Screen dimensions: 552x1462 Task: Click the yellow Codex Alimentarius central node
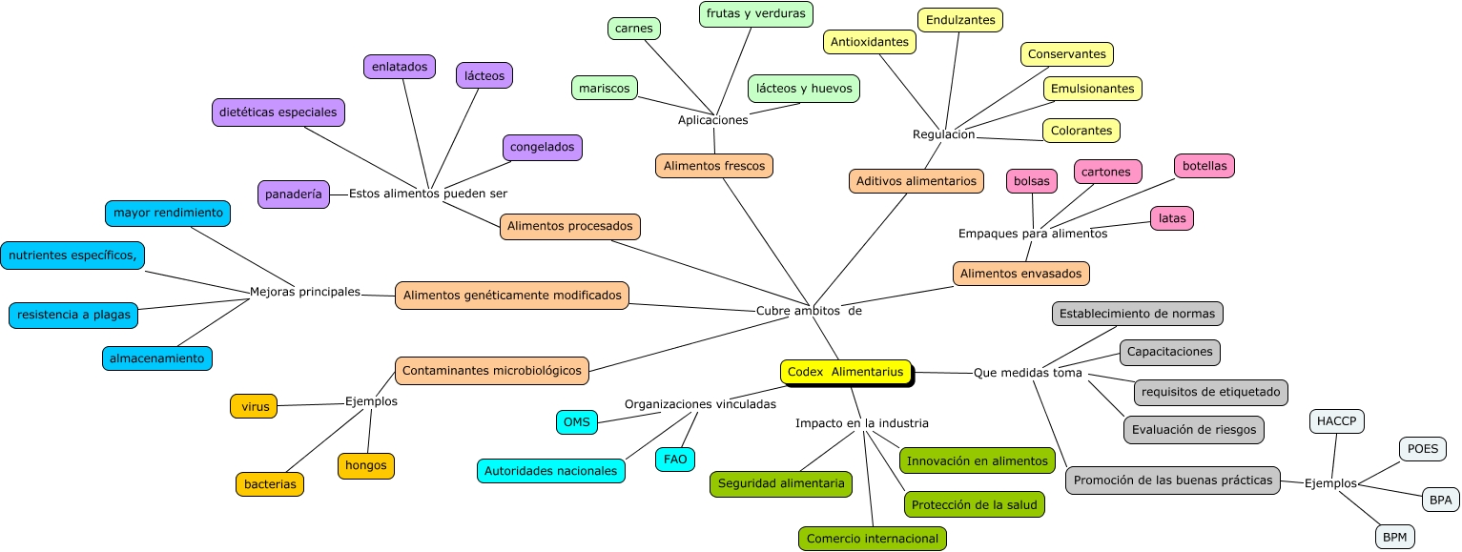(x=845, y=372)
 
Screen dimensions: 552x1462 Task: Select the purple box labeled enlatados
(x=400, y=67)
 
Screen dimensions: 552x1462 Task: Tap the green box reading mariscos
(x=605, y=88)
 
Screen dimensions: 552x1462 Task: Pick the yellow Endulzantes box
(x=960, y=20)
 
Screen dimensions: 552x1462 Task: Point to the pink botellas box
(x=1205, y=165)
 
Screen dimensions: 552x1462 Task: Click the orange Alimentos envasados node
(x=1020, y=274)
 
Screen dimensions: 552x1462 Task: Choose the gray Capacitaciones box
(x=1169, y=352)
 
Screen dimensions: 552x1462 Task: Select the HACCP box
(x=1337, y=420)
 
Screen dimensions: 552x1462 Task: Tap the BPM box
(x=1395, y=538)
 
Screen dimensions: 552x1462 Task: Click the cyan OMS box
(x=576, y=421)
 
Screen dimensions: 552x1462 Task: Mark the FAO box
(x=675, y=460)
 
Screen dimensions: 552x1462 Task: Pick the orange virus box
(x=254, y=406)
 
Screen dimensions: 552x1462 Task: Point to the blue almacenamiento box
(x=157, y=358)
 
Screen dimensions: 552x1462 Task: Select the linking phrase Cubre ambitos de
(x=809, y=310)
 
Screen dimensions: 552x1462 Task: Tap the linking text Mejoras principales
(x=304, y=292)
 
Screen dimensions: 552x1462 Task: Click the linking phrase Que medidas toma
(x=1027, y=373)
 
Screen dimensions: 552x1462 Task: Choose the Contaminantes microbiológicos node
(x=492, y=370)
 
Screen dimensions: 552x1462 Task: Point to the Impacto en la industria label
(x=861, y=423)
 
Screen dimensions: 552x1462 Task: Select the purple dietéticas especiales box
(x=278, y=112)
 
